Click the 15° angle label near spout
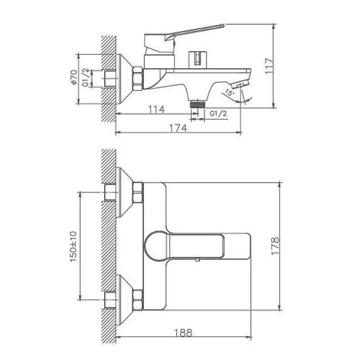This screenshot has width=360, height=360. pos(228,93)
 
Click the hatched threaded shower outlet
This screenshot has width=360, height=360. pos(194,105)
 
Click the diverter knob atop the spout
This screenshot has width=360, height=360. pos(195,58)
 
